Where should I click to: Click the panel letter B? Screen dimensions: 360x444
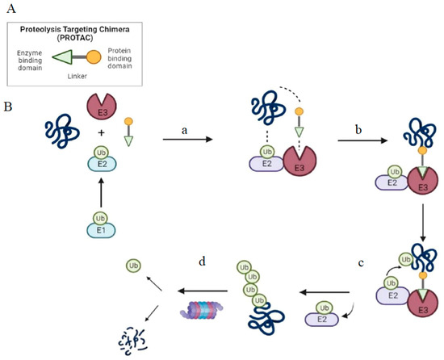click(x=9, y=106)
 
